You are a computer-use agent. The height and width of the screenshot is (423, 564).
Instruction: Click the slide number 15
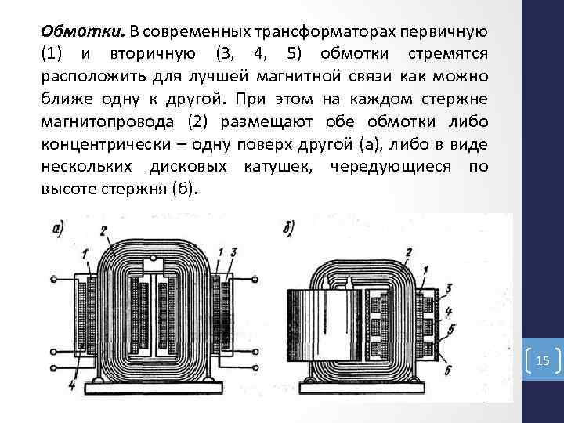[x=544, y=361]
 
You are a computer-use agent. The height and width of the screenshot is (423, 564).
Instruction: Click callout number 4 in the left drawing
[x=71, y=385]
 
